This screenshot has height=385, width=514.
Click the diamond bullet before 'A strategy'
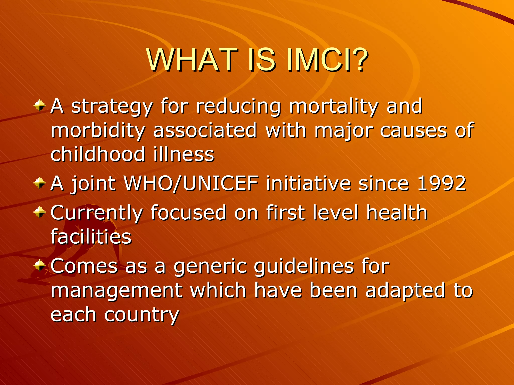tap(40, 106)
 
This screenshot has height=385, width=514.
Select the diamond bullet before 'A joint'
tap(40, 183)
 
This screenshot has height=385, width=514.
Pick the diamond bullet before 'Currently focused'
tap(40, 212)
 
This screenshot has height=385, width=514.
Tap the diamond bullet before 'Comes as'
tap(40, 265)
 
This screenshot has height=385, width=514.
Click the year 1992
tap(441, 183)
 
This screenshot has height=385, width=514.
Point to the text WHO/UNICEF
tap(191, 183)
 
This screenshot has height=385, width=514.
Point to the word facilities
tap(91, 237)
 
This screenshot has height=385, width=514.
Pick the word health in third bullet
tap(397, 213)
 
